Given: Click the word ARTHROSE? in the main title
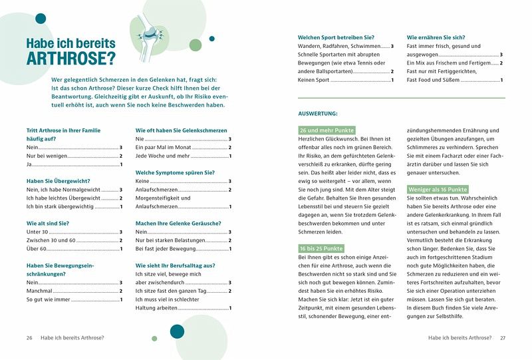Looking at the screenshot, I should point(70,59).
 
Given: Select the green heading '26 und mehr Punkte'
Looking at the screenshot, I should point(327,130).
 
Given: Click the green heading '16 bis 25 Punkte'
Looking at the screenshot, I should point(322,248).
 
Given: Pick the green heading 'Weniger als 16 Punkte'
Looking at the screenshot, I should point(437,190).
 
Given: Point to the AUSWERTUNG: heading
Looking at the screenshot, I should point(317,114).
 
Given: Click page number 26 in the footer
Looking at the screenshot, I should point(29,338).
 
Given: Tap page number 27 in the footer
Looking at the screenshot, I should point(503,338).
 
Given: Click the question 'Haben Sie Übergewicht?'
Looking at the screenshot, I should point(59,181).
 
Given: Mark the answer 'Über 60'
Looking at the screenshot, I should point(37,249).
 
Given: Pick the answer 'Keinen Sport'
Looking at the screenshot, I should point(314,80).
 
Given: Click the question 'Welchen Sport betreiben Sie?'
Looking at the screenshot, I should point(336,37).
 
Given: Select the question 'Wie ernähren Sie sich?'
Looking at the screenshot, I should point(436,37).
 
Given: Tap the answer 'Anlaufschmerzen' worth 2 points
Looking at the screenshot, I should point(156,190).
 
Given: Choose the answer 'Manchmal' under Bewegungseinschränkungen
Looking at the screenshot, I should point(39,291).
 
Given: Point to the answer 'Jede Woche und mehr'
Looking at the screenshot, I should point(162,156).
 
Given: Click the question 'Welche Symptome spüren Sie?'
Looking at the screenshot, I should point(175,172).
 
